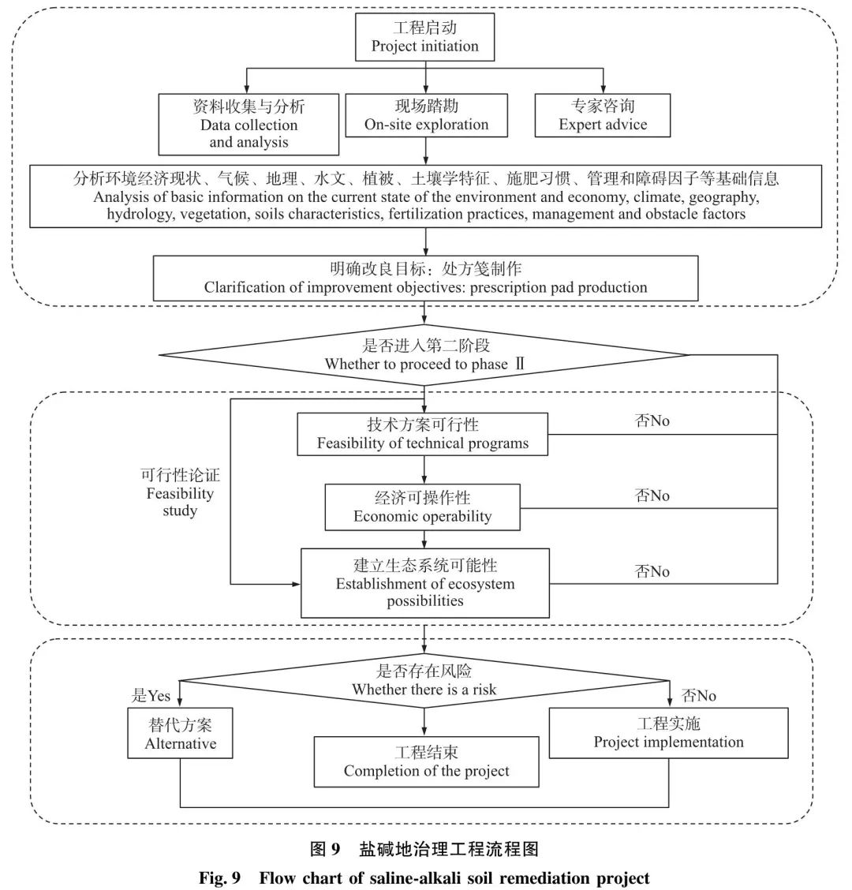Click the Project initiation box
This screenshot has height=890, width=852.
pyautogui.click(x=425, y=37)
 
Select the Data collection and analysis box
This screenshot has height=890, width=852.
pyautogui.click(x=248, y=124)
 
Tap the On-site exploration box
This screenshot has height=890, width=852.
pyautogui.click(x=426, y=115)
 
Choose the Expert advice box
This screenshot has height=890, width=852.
pyautogui.click(x=603, y=115)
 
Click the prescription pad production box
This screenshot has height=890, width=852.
pyautogui.click(x=425, y=279)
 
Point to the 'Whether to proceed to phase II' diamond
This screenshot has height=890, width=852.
pyautogui.click(x=425, y=355)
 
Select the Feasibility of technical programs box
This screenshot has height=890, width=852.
pyautogui.click(x=423, y=434)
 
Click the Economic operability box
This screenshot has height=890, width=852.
pyautogui.click(x=423, y=507)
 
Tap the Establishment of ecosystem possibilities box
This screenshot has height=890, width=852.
pyautogui.click(x=425, y=583)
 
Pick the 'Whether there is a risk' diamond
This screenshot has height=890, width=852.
pyautogui.click(x=424, y=680)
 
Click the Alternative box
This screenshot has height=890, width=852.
pyautogui.click(x=180, y=733)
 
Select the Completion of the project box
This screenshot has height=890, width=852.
pyautogui.click(x=426, y=762)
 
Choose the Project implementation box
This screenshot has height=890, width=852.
pyautogui.click(x=668, y=733)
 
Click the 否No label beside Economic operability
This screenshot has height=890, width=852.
pyautogui.click(x=652, y=495)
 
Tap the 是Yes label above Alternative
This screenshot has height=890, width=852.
pyautogui.click(x=151, y=696)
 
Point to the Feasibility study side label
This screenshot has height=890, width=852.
pyautogui.click(x=180, y=493)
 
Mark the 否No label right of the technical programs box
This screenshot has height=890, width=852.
pyautogui.click(x=652, y=421)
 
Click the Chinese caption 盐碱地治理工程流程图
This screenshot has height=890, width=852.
pyautogui.click(x=448, y=849)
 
